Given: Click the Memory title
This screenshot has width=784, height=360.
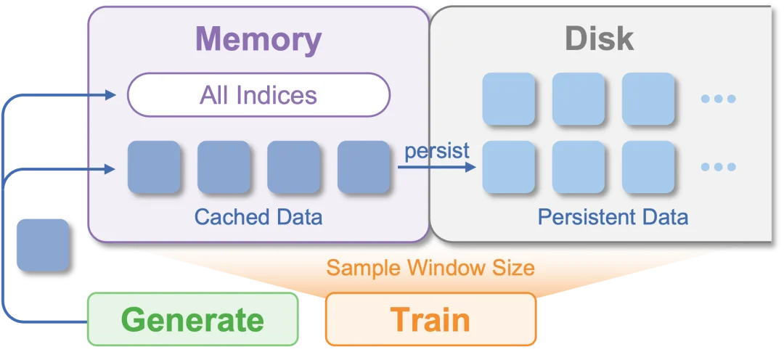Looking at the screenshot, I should (x=258, y=39).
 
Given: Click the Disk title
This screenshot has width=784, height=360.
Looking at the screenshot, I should (x=599, y=39).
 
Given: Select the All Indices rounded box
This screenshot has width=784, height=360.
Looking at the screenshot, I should (x=258, y=95).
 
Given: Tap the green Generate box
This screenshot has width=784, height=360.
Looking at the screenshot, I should (x=192, y=319).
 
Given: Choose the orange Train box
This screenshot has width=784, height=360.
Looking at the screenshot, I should (x=430, y=319).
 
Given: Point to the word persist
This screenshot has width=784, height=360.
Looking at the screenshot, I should (x=437, y=151).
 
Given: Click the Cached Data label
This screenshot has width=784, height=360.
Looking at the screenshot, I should (x=258, y=217).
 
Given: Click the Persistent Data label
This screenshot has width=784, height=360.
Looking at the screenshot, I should (x=613, y=217).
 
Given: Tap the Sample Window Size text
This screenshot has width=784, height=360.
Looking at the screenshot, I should (x=430, y=268).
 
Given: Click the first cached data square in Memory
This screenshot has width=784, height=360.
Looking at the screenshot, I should (x=154, y=168).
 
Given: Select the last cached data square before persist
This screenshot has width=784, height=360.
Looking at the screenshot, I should (x=364, y=168).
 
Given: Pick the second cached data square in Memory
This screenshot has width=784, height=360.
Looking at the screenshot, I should (x=224, y=168).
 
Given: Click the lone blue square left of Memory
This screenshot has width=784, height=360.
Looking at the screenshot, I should (x=42, y=245).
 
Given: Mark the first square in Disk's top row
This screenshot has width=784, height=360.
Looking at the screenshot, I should (x=509, y=99).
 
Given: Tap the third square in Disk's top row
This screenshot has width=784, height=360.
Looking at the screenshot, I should (x=648, y=99).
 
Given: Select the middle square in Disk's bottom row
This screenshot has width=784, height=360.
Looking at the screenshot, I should (x=579, y=167).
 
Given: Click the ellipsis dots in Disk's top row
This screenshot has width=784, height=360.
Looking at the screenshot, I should (x=719, y=99).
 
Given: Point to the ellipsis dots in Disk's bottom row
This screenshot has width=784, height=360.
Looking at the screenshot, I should (x=719, y=167).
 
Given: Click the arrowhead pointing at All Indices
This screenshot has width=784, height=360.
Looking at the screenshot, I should (x=110, y=94).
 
